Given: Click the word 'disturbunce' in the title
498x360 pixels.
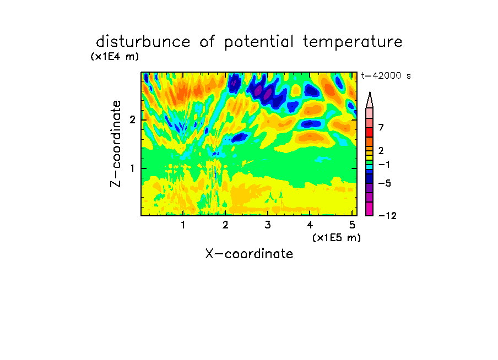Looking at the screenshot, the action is pos(143,41).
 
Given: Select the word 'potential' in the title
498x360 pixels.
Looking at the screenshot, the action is pos(259,42).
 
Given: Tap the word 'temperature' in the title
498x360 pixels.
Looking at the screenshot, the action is pos(353,42).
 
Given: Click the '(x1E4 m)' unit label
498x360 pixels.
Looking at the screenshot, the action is pos(115,57).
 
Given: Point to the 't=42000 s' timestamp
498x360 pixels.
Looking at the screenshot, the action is pos(386,75).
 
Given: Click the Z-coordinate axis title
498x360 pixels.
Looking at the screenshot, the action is pos(116,144).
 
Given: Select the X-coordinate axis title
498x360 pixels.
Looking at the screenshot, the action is pos(249,254).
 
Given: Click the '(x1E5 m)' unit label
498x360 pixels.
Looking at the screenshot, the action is pos(337,237).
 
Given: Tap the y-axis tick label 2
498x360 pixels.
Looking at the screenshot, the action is pos(132,119).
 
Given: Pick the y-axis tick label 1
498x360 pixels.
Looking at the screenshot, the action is pos(132,168).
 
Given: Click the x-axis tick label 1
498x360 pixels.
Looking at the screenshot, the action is pos(183,225).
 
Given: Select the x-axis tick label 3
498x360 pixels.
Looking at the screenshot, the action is pos(268,225).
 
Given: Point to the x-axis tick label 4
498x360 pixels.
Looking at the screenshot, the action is pos(310,225).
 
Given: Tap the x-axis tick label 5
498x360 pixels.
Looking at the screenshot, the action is pos(352,225).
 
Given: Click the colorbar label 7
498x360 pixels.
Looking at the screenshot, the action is pos(381,127).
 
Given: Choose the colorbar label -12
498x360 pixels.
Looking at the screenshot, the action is pos(387,216).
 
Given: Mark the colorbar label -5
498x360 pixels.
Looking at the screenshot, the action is pos(385,183).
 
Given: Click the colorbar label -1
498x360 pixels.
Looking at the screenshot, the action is pos(384,165).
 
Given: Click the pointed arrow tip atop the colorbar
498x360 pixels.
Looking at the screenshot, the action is pos(370,92).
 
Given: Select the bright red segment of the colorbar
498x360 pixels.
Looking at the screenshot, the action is pos(370,132).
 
